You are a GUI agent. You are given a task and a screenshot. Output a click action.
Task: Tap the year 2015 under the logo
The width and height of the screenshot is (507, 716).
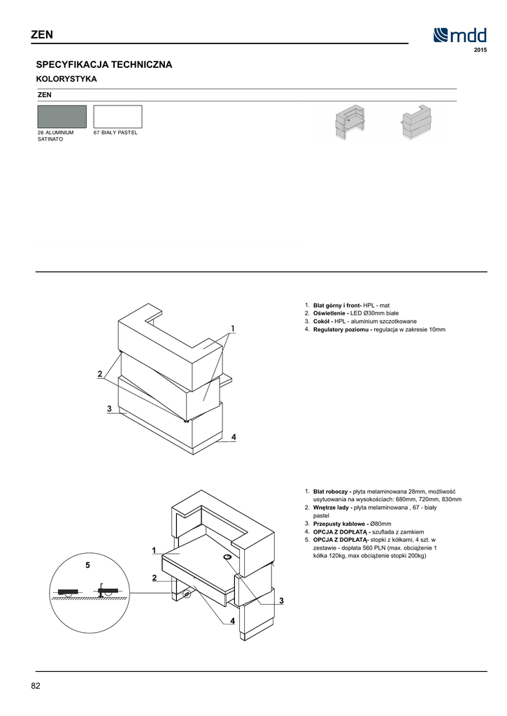[x=480, y=52]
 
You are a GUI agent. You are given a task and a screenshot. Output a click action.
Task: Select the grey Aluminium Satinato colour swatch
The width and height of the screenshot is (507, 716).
[x=62, y=116]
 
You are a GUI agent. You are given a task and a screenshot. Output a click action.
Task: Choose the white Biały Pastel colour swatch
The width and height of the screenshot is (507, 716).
[x=117, y=116]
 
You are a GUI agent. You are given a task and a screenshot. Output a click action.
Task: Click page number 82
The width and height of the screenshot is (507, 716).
[x=36, y=685]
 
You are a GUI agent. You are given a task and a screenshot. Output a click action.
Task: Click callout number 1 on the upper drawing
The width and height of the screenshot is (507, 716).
[x=232, y=328]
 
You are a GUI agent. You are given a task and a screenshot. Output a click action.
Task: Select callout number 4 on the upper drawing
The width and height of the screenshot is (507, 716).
[x=234, y=437]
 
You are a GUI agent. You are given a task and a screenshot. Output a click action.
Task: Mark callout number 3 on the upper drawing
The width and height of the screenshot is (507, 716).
[x=110, y=408]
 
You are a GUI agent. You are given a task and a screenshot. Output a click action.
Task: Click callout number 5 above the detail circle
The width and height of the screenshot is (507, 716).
[x=87, y=564]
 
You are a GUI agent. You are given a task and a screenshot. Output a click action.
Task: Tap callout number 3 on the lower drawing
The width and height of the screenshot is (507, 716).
[x=280, y=601]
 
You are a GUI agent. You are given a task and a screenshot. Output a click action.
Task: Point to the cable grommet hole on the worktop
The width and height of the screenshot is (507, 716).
[x=229, y=557]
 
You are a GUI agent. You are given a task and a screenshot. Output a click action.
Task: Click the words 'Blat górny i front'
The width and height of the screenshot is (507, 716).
[x=337, y=306]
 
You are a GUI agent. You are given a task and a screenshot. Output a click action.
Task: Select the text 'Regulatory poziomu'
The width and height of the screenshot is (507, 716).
[x=342, y=329]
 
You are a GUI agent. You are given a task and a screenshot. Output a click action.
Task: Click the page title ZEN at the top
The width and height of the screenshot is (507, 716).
[x=41, y=35]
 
